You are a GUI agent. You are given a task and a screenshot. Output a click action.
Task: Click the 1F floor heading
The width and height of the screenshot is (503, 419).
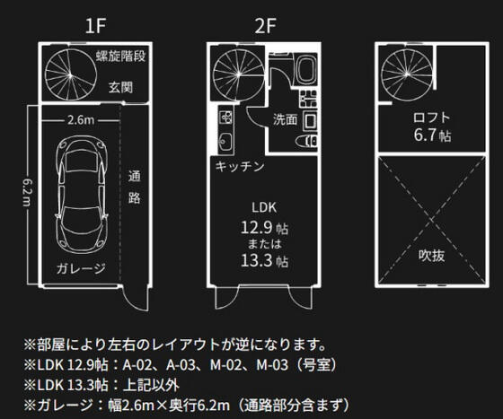pos(95,26)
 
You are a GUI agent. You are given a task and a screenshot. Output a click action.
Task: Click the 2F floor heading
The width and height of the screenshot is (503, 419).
pos(265,26)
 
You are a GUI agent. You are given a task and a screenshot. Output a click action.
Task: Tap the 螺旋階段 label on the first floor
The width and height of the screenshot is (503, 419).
pos(121,56)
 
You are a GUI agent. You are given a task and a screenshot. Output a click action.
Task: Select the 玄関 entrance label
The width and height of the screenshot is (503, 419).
pos(120,87)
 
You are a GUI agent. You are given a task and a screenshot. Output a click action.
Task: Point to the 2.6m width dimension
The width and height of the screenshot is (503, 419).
pos(81,120)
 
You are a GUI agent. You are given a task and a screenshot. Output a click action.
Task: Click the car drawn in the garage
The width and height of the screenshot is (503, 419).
pos(81,196)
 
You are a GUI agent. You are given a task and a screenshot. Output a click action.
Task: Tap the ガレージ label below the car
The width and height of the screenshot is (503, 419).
pos(81,268)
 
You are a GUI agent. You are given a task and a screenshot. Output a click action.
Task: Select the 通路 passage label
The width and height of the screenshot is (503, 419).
pos(134,188)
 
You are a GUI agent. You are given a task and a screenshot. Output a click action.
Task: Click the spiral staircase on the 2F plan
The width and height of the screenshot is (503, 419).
pos(238,74)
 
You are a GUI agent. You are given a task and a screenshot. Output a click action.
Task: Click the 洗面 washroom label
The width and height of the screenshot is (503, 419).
pos(286,119)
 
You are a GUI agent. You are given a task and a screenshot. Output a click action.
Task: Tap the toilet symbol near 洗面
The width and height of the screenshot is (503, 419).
pos(306,141)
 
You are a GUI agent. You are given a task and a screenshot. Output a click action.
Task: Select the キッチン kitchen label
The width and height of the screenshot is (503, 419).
pos(240,166)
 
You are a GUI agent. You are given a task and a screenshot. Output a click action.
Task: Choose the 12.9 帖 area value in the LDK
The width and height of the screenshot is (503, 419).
pos(264,228)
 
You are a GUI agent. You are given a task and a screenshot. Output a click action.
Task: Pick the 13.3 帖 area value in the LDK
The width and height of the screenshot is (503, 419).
pos(264,261)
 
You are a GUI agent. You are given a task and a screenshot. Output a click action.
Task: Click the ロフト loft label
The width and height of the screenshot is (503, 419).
pos(431,118)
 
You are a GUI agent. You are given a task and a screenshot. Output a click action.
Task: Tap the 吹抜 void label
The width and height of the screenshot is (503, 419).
pos(431,256)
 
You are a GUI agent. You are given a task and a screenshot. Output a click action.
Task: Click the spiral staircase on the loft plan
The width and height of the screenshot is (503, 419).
pos(407,74)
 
